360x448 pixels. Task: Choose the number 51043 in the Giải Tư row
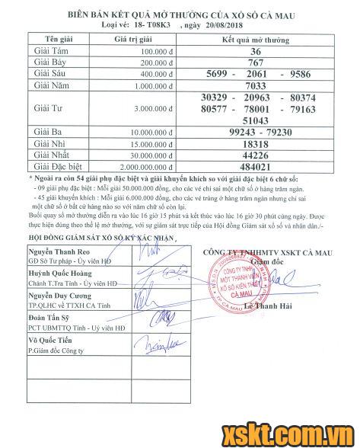[x=256, y=120]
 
